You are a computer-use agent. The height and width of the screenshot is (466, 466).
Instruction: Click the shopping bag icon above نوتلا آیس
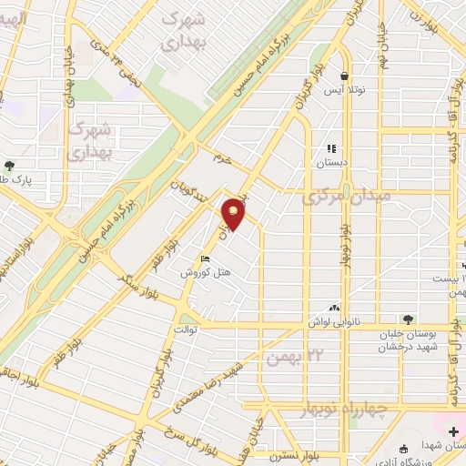tap(344, 76)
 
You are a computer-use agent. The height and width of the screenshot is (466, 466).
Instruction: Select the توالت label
tap(185, 330)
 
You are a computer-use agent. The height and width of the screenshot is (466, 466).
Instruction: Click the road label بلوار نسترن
tap(301, 454)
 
